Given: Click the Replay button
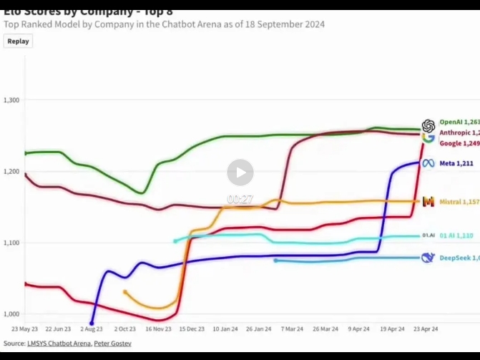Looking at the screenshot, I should click(x=19, y=41).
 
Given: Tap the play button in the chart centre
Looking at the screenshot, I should click(x=240, y=172).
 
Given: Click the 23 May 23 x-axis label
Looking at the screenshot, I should click(x=25, y=329).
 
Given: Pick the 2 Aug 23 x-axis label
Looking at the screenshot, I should click(x=92, y=329).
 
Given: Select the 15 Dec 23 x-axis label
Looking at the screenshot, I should click(x=192, y=329).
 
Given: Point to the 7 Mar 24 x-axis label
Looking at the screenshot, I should click(x=292, y=329).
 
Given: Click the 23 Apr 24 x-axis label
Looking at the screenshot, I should click(x=425, y=329).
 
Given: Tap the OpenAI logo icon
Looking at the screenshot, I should click(x=428, y=125).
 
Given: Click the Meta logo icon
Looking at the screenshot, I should click(x=428, y=163).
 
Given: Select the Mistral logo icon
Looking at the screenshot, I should click(x=428, y=203).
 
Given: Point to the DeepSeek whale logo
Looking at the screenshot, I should click(x=428, y=258).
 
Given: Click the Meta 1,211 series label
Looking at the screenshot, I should click(x=456, y=164).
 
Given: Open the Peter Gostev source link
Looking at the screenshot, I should click(x=112, y=344).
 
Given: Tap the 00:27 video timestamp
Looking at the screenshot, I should click(x=240, y=199).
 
